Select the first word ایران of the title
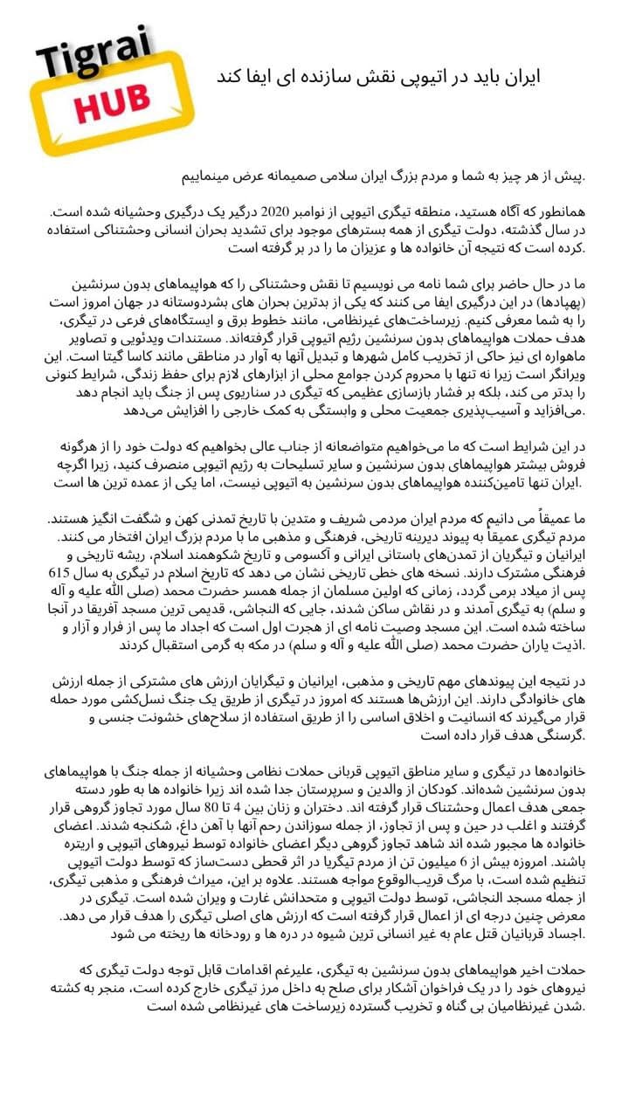[x=522, y=78]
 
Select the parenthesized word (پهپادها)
[x=557, y=301]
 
